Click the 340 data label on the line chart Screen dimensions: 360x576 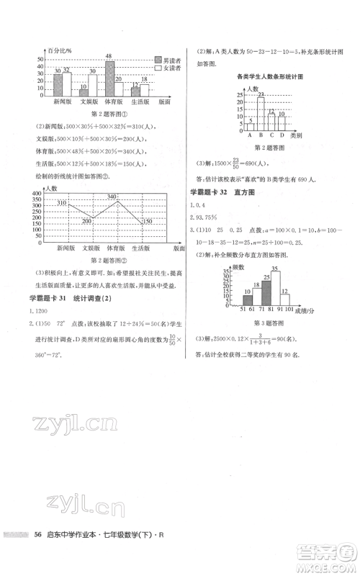(x=112, y=197)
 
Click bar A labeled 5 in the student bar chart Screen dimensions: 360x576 (x=250, y=125)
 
